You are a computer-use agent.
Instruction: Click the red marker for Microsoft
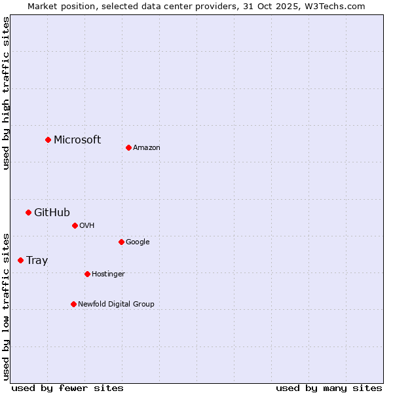pos(48,140)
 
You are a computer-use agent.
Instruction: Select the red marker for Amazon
pos(128,147)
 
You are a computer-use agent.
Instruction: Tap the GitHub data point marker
pos(28,212)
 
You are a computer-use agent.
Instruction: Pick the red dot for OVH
pos(75,225)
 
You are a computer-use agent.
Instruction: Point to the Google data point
pos(121,242)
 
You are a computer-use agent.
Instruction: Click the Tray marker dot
pos(20,260)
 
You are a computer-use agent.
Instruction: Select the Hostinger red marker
pos(87,274)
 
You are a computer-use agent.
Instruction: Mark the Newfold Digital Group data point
pos(73,304)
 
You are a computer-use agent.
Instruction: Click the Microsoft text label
pos(77,140)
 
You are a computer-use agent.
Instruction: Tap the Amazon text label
pos(147,147)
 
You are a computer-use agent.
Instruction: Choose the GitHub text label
pos(52,212)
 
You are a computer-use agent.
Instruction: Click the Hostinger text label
pos(108,274)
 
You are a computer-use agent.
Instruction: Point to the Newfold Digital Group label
pos(116,304)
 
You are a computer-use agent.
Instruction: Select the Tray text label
pos(37,260)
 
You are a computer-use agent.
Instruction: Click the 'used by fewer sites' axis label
pos(67,388)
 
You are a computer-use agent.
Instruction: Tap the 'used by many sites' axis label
pos(329,388)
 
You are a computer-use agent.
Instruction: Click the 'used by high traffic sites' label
pos(6,93)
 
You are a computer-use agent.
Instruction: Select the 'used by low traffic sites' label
pos(6,306)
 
